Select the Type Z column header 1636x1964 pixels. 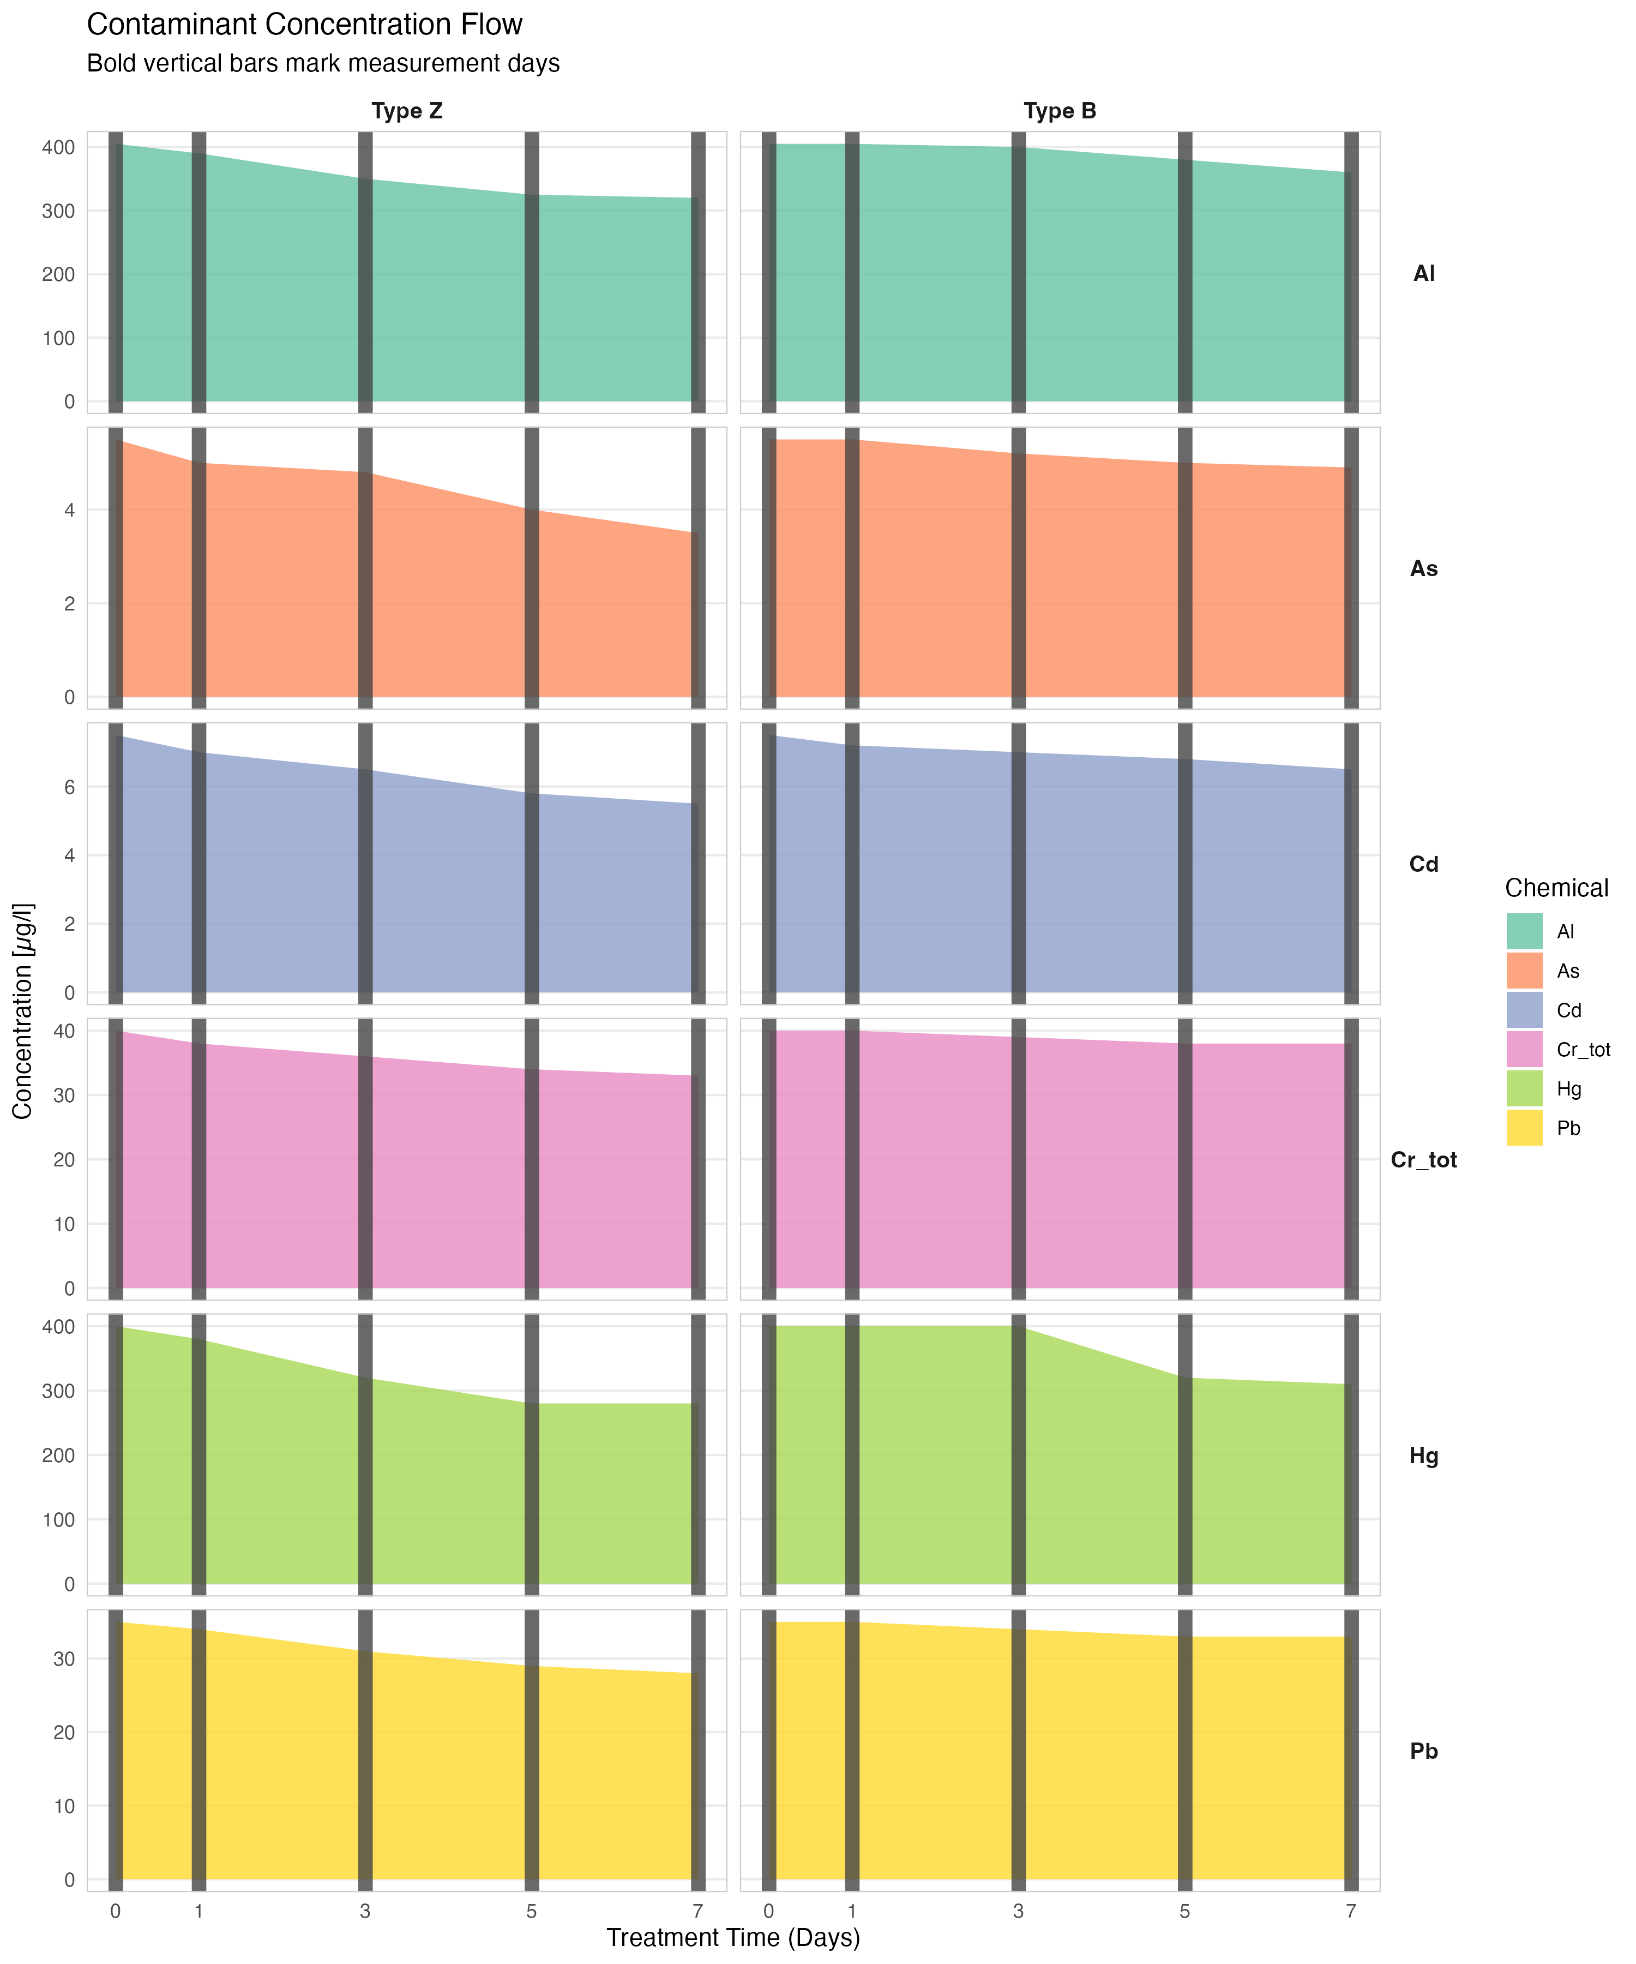click(407, 111)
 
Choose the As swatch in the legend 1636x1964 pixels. click(1524, 971)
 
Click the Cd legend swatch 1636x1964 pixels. click(1524, 1010)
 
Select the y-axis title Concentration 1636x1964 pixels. click(22, 1010)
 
